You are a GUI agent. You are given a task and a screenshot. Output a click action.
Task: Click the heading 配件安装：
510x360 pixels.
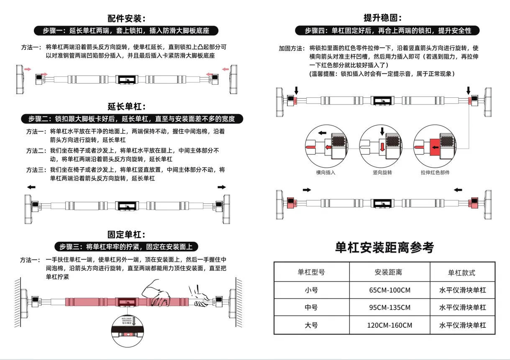point(126,18)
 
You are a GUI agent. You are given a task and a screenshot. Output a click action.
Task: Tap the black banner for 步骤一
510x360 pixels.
point(126,31)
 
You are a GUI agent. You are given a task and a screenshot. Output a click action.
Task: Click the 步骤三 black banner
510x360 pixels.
point(126,247)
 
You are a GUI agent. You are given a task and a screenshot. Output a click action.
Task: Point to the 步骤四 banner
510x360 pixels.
point(387,31)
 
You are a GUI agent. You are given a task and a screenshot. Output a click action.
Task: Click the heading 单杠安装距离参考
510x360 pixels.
point(384,248)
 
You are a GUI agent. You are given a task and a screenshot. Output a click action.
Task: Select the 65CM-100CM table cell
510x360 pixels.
point(389,290)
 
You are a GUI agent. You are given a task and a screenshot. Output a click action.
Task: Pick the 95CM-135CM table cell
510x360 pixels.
point(389,307)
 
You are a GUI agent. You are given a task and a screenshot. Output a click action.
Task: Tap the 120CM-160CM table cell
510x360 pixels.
point(389,325)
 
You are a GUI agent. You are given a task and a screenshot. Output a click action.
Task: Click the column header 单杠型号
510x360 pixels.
point(311,272)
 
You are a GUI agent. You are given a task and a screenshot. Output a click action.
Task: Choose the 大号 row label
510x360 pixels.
point(311,325)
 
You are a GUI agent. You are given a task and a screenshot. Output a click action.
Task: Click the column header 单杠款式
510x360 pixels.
point(462,272)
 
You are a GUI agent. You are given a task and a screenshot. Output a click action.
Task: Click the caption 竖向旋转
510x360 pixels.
point(382,172)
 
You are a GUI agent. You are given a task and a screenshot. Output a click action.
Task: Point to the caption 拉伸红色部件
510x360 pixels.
point(435,172)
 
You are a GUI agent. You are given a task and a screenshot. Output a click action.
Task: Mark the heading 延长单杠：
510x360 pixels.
point(126,107)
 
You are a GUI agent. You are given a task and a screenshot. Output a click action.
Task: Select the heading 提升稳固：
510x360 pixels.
point(382,18)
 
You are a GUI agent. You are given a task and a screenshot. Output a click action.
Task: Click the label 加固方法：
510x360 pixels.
point(292,49)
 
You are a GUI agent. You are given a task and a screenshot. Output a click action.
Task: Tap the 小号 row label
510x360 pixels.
point(311,290)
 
